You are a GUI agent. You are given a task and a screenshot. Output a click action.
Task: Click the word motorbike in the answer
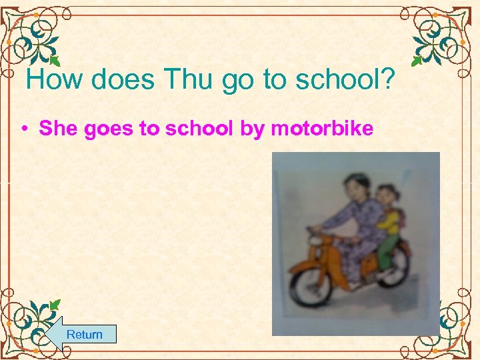[x=322, y=128]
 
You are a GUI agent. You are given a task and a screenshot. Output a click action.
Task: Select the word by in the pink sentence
[x=252, y=129]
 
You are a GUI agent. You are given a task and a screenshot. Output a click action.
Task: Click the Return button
[x=84, y=334]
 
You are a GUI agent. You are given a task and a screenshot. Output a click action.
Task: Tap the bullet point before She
[x=23, y=129]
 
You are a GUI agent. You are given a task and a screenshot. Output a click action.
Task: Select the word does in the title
[x=124, y=80]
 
